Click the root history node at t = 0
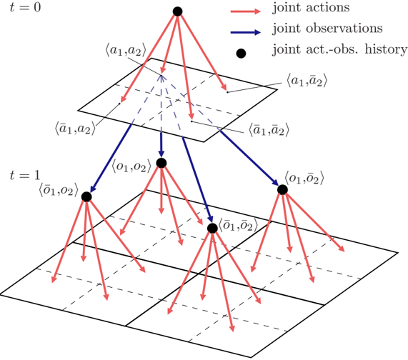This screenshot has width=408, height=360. [x=177, y=11]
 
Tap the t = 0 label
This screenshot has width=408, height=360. [x=25, y=7]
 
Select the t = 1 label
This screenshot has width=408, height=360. [x=25, y=176]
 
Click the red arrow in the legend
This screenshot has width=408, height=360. [x=246, y=11]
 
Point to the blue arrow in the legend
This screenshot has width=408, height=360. [x=246, y=32]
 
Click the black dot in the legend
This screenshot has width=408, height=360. [x=241, y=54]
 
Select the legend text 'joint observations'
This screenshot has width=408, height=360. [x=327, y=29]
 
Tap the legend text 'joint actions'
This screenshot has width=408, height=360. [x=311, y=7]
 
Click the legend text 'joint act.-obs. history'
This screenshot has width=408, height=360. [x=339, y=49]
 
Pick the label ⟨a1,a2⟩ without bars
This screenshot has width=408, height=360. [x=126, y=51]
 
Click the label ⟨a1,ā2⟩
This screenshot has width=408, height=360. [x=307, y=81]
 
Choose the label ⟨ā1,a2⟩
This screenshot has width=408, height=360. [x=76, y=129]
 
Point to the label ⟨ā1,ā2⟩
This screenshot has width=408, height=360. [x=269, y=130]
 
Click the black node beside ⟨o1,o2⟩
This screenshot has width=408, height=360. [x=161, y=163]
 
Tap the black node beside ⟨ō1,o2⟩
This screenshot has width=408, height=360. [x=86, y=197]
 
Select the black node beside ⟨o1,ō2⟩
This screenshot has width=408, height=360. [x=282, y=189]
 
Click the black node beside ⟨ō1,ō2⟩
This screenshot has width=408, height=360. [x=212, y=229]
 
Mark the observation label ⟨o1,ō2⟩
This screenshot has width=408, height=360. [x=304, y=178]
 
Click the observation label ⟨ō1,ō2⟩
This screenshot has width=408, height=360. [x=238, y=225]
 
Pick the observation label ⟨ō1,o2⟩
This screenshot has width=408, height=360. [x=59, y=190]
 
